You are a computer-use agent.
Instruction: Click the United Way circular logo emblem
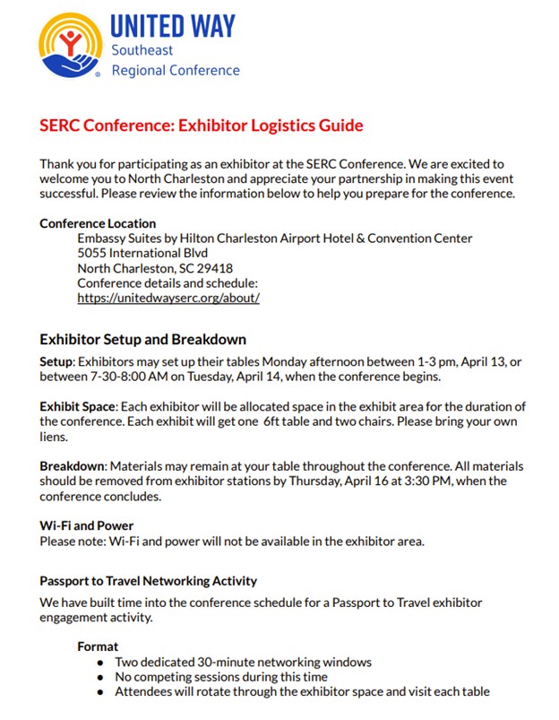click(70, 45)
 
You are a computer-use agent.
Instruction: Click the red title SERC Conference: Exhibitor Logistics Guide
click(202, 126)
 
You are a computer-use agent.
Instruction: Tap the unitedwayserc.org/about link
click(168, 298)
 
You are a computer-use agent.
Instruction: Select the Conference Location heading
click(98, 223)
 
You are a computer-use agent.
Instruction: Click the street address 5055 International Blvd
click(135, 253)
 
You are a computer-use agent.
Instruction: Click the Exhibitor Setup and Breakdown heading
click(142, 340)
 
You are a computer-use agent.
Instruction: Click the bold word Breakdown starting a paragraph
click(73, 466)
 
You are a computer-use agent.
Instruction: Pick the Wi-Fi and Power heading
click(87, 525)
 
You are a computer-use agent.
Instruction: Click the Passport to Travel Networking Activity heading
click(148, 581)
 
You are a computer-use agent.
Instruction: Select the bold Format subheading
click(98, 646)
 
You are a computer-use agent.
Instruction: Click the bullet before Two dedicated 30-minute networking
click(100, 663)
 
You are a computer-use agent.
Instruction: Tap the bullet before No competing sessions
click(100, 677)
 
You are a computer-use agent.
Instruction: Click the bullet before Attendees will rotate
click(100, 692)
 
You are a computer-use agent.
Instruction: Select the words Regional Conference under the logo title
click(176, 70)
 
